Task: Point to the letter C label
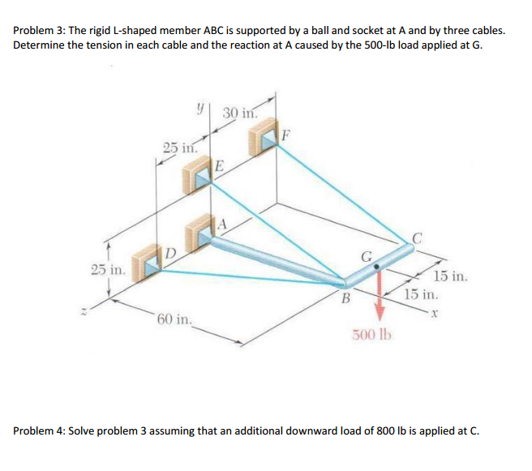417,238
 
